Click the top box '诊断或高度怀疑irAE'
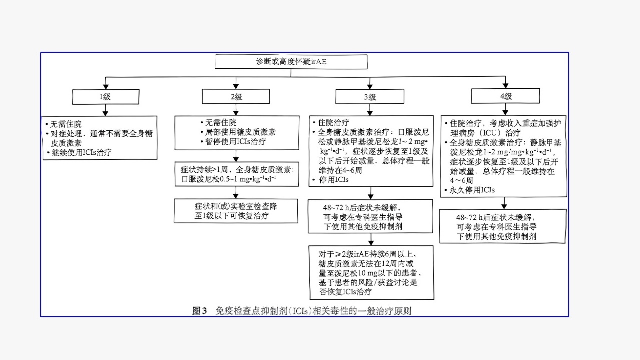point(291,62)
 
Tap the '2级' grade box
point(236,97)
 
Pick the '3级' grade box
point(370,97)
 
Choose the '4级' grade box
point(505,97)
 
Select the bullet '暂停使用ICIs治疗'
point(233,141)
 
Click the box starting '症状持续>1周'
point(234,174)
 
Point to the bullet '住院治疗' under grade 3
point(333,123)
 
